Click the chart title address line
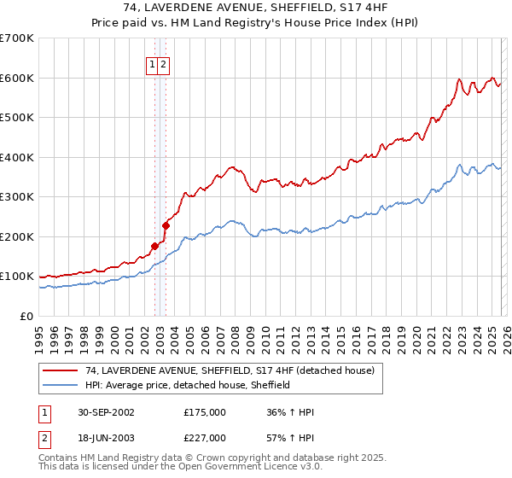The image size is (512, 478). [x=255, y=9]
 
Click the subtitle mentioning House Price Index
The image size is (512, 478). [x=255, y=23]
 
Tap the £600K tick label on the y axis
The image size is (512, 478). [x=17, y=78]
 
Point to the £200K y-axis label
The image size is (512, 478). [x=17, y=236]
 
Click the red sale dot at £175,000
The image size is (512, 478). [x=155, y=246]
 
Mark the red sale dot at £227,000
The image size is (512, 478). [x=166, y=225]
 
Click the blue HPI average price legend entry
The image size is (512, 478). [x=188, y=385]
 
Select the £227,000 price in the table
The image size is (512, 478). [x=204, y=438]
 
